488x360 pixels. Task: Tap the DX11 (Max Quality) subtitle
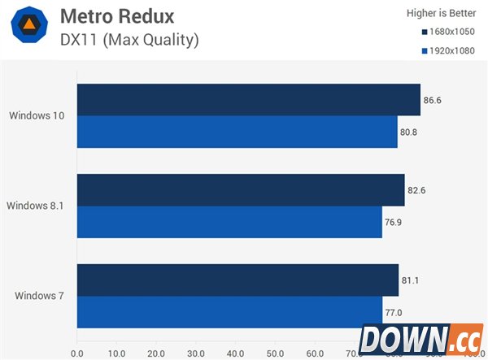pyautogui.click(x=129, y=39)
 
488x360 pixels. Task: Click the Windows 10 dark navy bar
pyautogui.click(x=248, y=100)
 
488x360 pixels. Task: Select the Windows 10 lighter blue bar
pyautogui.click(x=237, y=132)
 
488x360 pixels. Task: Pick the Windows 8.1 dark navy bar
pyautogui.click(x=240, y=190)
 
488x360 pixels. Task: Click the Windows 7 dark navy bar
pyautogui.click(x=237, y=280)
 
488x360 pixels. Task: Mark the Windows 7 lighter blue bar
pyautogui.click(x=229, y=311)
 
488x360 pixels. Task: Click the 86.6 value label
pyautogui.click(x=433, y=101)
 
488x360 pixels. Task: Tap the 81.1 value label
pyautogui.click(x=411, y=280)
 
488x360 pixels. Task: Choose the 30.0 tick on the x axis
pyautogui.click(x=196, y=353)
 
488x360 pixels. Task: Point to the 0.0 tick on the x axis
pyautogui.click(x=77, y=353)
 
